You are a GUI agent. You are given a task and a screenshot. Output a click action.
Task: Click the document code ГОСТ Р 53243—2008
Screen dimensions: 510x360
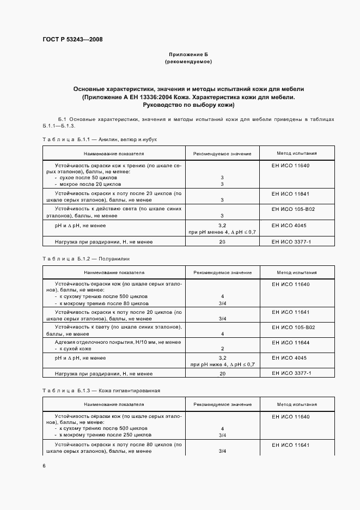pos(72,39)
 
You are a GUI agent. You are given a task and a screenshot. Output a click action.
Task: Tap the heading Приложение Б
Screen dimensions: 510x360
pos(188,55)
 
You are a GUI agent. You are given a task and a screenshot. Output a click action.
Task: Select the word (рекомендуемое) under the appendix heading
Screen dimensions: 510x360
pos(188,62)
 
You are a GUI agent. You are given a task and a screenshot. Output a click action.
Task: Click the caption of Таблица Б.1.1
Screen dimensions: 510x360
pos(99,140)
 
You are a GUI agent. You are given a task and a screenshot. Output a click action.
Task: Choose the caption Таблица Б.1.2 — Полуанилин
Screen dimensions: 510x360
pos(87,259)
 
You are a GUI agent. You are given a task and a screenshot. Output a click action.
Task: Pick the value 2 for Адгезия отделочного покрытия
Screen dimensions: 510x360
pos(222,348)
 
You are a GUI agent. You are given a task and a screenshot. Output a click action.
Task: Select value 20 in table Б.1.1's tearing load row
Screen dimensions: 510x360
pos(222,241)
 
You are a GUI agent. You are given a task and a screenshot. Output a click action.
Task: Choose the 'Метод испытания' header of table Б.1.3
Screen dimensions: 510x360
pos(296,405)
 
